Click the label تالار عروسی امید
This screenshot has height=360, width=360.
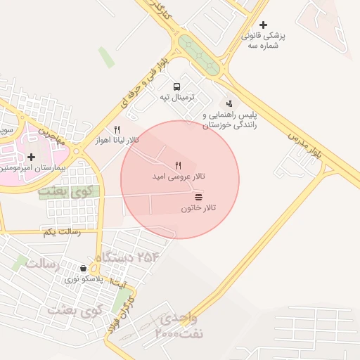(x=179, y=175)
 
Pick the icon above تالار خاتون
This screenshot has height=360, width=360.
(x=198, y=197)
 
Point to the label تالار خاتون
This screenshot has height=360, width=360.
(x=198, y=208)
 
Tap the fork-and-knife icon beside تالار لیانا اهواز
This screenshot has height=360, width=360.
(x=117, y=129)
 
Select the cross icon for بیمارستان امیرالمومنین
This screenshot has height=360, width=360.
(x=31, y=157)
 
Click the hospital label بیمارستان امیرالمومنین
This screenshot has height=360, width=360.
(x=28, y=169)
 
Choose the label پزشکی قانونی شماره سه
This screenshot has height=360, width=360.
(x=260, y=41)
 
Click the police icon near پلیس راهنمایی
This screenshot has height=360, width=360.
(x=229, y=103)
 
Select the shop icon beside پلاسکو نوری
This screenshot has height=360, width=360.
(x=84, y=268)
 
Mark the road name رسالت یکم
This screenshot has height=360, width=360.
(x=61, y=231)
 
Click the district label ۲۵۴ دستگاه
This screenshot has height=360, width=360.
(x=127, y=258)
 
